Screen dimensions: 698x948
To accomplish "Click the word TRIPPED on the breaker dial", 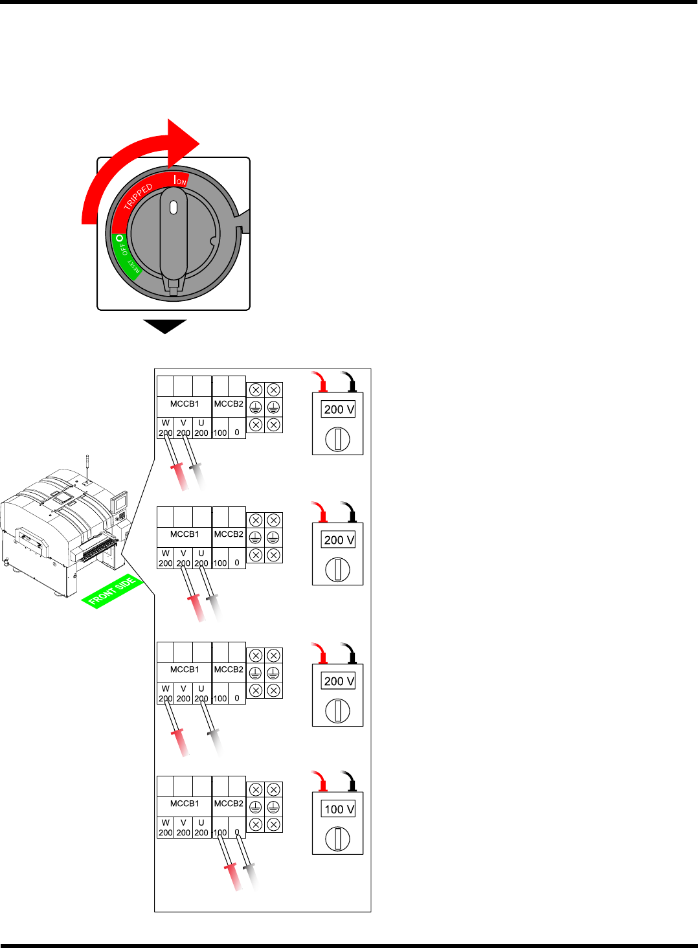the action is tap(138, 196).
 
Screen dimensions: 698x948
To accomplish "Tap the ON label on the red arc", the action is tap(181, 181).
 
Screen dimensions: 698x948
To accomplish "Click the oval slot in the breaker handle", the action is tap(173, 207).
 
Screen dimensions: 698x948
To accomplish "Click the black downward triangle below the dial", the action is tap(165, 326).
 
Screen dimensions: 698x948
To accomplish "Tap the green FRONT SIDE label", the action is tap(112, 591).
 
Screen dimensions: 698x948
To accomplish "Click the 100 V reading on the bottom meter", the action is tap(339, 809).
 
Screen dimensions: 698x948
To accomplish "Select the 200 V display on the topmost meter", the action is tap(339, 409).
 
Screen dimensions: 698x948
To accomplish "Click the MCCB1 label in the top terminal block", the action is tap(185, 403).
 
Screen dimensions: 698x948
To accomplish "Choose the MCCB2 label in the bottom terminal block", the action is tap(229, 803).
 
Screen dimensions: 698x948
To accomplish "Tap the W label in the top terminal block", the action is tap(166, 423).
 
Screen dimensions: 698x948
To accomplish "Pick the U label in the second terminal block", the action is tap(201, 554).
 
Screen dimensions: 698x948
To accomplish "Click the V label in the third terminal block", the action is tap(183, 689).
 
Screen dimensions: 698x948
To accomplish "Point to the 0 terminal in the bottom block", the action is tap(237, 832).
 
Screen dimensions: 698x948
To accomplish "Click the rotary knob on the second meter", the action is tap(337, 570).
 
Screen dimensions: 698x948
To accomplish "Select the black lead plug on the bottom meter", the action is tap(352, 784).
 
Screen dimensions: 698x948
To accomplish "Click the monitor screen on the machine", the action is tap(119, 502).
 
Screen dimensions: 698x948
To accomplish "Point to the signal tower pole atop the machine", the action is tap(87, 466).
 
